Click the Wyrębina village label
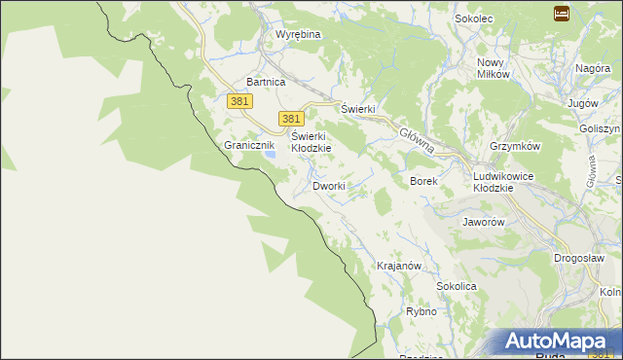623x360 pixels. coord(298,34)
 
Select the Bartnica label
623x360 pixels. coord(266,83)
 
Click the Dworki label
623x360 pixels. coord(329,185)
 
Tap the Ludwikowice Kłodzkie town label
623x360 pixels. coord(505,181)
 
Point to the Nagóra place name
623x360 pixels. coord(593,68)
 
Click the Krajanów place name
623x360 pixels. coord(398,266)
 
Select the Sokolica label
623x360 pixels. coord(457,287)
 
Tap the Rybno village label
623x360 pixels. coord(421,312)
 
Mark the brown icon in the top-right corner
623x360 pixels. coord(562,14)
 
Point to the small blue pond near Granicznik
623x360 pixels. coord(274,153)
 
